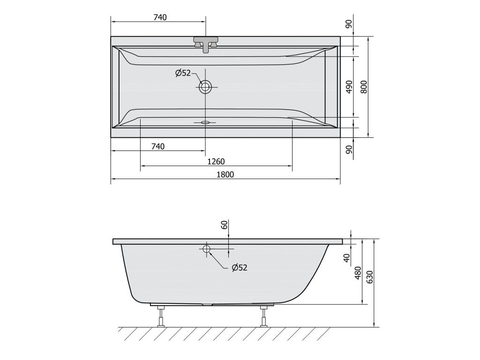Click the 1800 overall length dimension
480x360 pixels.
pyautogui.click(x=225, y=174)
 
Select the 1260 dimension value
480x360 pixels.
pyautogui.click(x=216, y=161)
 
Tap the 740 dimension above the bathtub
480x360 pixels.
pyautogui.click(x=160, y=17)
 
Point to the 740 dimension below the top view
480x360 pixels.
pyautogui.click(x=158, y=147)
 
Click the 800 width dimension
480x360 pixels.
pyautogui.click(x=364, y=87)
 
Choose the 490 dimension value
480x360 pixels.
pyautogui.click(x=349, y=87)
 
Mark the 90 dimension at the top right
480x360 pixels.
pyautogui.click(x=349, y=24)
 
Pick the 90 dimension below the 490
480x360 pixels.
pyautogui.click(x=349, y=150)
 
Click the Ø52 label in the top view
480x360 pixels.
pyautogui.click(x=183, y=73)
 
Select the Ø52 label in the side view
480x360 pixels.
pyautogui.click(x=240, y=268)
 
